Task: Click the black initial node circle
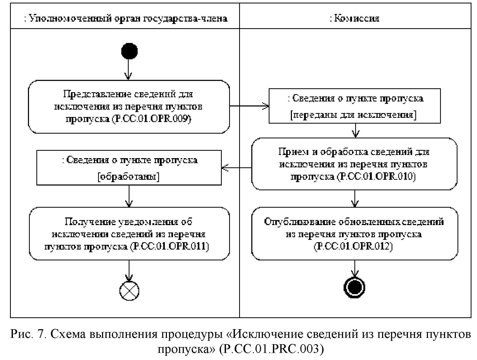pos(129,51)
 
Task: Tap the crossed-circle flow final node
pos(129,290)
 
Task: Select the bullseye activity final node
pos(355,287)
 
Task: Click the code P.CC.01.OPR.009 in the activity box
pos(151,119)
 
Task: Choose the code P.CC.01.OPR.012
pos(353,246)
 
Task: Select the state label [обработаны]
pos(128,177)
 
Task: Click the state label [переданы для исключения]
pos(353,115)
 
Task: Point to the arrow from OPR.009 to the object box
pos(249,106)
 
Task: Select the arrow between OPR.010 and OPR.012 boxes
pos(355,198)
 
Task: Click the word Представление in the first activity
pos(98,94)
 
